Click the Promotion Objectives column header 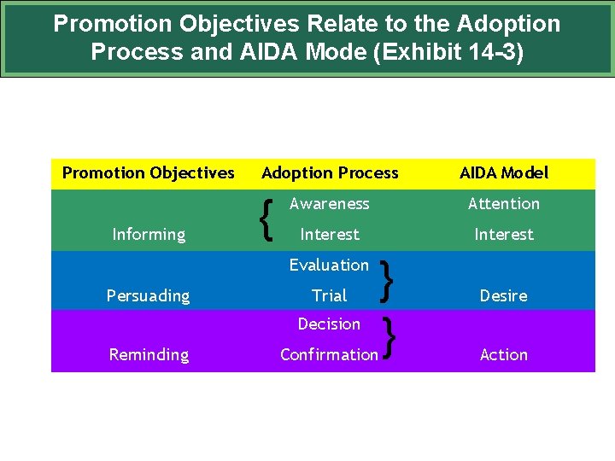(148, 173)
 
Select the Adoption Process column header (330, 173)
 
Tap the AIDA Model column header (504, 173)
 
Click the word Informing (149, 235)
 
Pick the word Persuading (149, 296)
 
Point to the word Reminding (149, 355)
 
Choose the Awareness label (330, 204)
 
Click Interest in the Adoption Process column (330, 235)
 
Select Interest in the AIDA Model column (504, 235)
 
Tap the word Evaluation (329, 266)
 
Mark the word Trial (330, 296)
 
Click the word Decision (329, 324)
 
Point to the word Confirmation (329, 355)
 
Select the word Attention (504, 204)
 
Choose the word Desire (504, 296)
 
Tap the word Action (504, 355)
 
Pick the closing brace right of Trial (389, 282)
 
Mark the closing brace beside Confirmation (389, 338)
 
